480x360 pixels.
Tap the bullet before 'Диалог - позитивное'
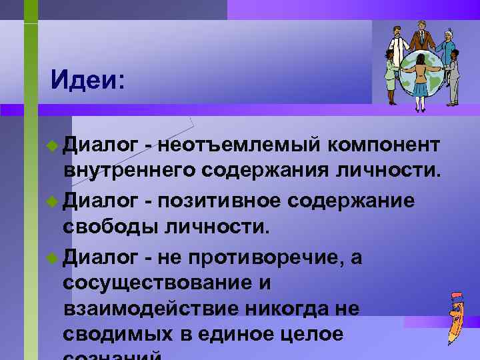pyautogui.click(x=54, y=200)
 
